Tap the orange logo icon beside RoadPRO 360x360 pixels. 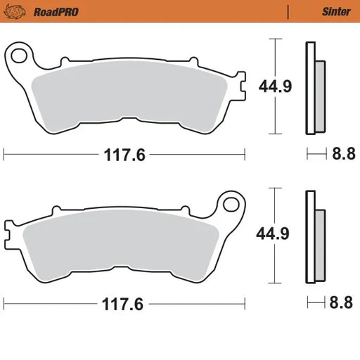pos(17,11)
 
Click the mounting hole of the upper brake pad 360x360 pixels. pos(21,54)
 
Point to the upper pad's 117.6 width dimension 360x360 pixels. pos(125,155)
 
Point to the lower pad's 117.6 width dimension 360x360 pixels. pos(125,305)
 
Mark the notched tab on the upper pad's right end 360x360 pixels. pos(241,89)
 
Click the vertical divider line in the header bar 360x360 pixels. pos(288,11)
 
